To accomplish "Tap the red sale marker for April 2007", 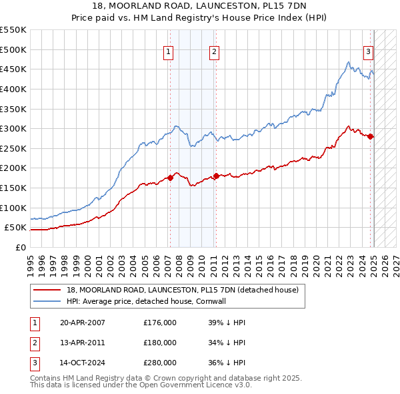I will (x=170, y=177).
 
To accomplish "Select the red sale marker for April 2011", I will (x=216, y=176).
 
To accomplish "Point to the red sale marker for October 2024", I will (x=371, y=136).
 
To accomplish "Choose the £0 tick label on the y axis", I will (x=20, y=247).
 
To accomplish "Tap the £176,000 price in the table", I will (x=160, y=323).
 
